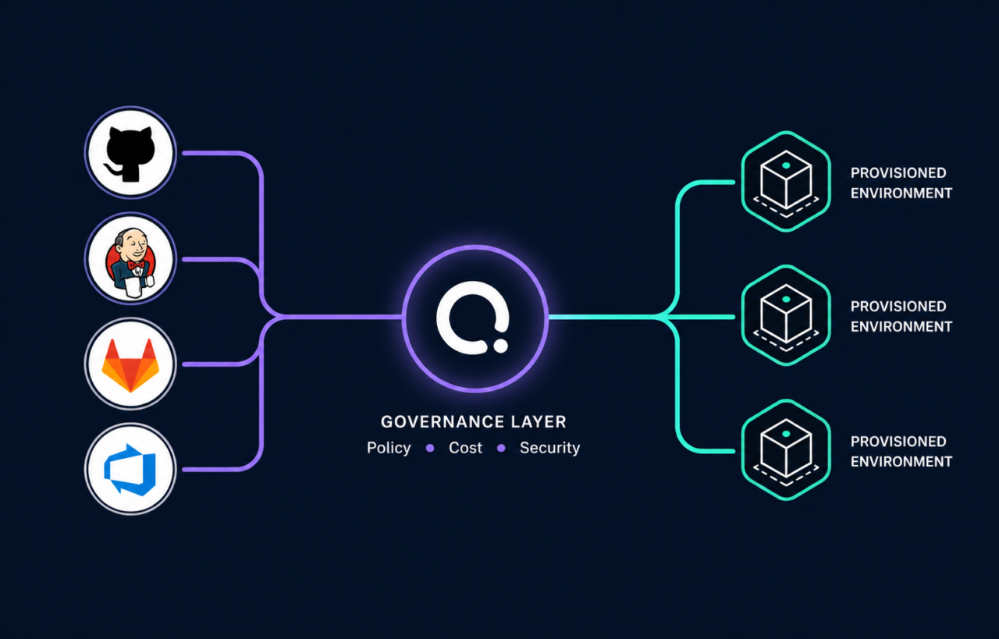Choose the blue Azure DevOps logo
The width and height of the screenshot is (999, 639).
click(130, 470)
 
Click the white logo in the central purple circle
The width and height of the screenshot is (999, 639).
click(473, 318)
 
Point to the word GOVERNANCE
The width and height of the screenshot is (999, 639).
click(443, 422)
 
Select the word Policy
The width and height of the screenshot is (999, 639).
click(389, 448)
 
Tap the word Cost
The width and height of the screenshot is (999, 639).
click(465, 448)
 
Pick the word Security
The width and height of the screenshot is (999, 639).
click(550, 448)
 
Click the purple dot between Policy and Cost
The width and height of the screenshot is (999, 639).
click(430, 448)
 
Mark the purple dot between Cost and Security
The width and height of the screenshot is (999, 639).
click(501, 448)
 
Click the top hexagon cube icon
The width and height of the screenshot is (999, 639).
click(786, 182)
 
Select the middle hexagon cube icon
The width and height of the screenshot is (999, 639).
click(786, 316)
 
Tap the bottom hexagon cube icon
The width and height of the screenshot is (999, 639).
click(786, 450)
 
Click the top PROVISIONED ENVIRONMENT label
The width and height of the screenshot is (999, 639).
click(901, 183)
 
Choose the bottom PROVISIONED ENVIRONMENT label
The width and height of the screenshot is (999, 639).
click(901, 451)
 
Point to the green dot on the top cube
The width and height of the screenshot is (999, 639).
click(786, 165)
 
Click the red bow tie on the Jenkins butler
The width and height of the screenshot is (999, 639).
click(136, 264)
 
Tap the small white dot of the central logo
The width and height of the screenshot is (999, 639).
click(500, 346)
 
